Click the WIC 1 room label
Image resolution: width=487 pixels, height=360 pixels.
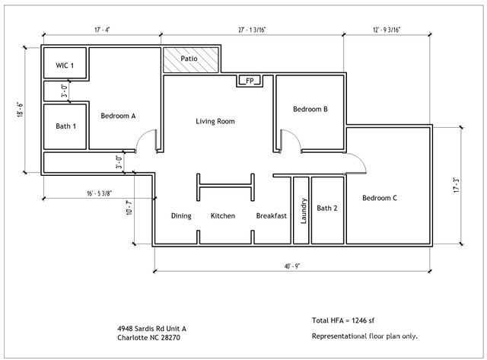coord(65,66)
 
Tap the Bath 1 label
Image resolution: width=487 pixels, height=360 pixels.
coord(65,126)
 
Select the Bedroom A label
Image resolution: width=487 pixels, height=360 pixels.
coord(118,116)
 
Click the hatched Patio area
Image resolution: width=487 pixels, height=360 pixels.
coord(190,59)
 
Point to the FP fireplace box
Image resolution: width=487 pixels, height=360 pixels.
coord(249,80)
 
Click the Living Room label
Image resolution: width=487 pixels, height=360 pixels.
coord(215,121)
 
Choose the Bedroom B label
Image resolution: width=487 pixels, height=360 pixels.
coord(310,109)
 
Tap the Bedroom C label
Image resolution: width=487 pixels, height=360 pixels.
coord(379,199)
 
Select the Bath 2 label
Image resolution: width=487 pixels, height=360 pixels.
coord(327,208)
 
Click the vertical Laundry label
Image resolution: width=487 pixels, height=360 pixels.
coord(303,211)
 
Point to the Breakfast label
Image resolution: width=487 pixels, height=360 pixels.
coord(271,216)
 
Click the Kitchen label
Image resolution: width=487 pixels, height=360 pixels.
coord(223,216)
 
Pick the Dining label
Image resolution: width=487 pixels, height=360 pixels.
coord(181,216)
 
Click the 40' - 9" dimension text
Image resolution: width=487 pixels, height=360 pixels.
coord(296,267)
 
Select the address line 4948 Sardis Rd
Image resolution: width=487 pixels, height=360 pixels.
coord(151,328)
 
